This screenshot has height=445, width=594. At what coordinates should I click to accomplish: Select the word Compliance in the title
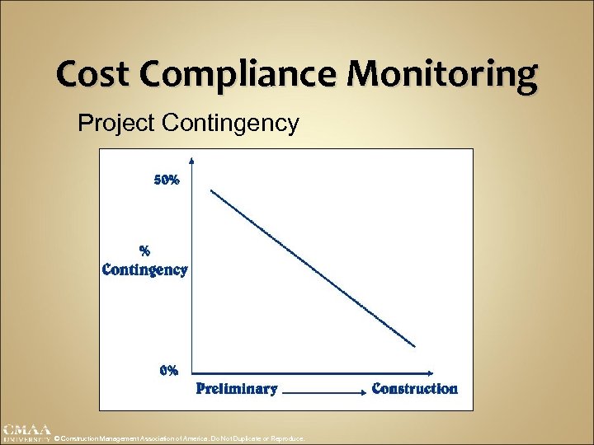238,76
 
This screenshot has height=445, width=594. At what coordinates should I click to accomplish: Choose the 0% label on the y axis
168,370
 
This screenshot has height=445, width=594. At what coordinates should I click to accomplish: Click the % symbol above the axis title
144,250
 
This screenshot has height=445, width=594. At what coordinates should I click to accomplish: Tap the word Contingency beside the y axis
144,269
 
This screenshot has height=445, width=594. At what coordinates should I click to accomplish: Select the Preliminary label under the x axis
236,389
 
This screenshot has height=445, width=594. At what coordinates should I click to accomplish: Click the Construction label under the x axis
414,388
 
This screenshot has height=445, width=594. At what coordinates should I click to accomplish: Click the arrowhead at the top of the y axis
191,161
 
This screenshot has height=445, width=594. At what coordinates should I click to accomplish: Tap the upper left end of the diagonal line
212,190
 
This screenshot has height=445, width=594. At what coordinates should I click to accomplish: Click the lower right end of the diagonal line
416,347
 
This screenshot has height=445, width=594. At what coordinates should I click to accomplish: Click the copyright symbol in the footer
58,439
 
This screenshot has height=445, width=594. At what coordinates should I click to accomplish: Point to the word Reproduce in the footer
290,439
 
